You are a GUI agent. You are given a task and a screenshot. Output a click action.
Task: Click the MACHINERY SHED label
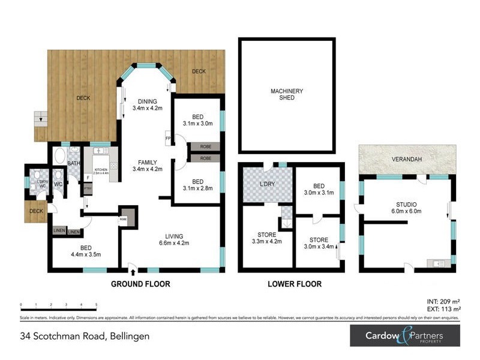click(287, 94)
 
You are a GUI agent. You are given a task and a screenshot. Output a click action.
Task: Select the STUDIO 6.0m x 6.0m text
click(407, 208)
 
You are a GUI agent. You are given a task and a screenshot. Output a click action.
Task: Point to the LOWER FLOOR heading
click(294, 284)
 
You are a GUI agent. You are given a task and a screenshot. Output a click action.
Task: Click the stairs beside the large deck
click(40, 118)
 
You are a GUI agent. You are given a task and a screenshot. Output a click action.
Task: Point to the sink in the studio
click(439, 263)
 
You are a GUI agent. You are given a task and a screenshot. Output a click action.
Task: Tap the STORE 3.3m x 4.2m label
click(266, 238)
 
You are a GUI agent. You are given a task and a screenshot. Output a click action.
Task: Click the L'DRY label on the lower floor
click(266, 184)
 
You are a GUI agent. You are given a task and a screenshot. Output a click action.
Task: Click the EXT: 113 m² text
click(442, 310)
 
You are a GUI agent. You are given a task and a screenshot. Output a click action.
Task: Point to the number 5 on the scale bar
click(96, 305)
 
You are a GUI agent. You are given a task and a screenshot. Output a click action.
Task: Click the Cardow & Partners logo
click(405, 335)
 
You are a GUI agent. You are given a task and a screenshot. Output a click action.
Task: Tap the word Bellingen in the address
click(128, 336)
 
